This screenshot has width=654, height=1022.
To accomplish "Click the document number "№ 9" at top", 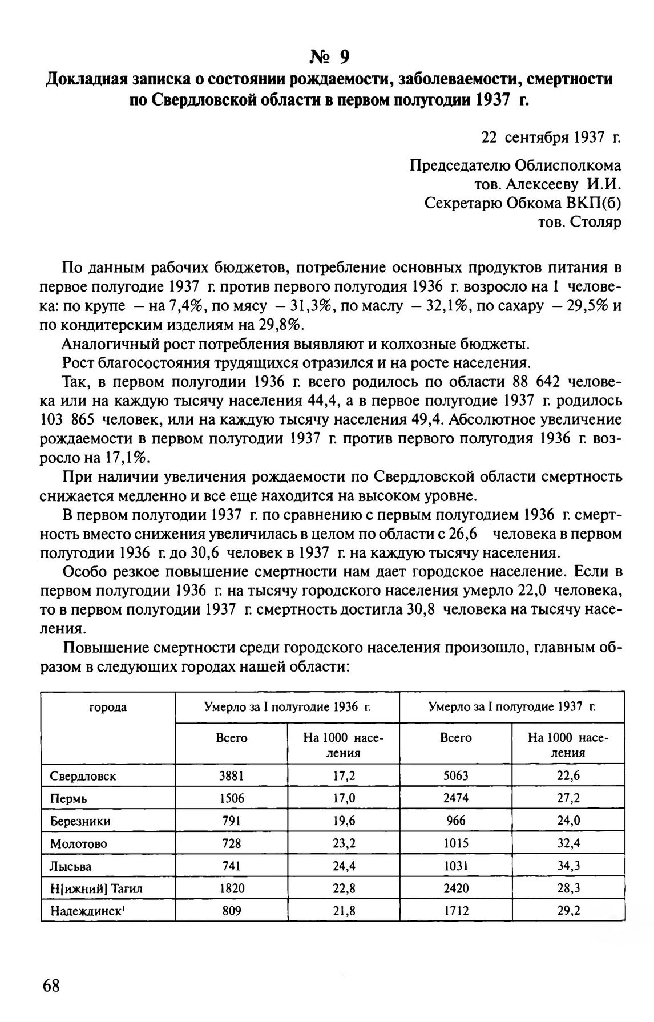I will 329,56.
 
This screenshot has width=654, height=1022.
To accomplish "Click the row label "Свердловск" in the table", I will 83,776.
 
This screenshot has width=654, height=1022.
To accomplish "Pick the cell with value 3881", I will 232,776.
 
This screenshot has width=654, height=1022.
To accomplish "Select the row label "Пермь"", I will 68,798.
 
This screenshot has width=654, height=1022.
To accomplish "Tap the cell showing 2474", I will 455,798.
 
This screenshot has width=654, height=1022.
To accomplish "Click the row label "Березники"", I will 80,821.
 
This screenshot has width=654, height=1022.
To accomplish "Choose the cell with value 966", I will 455,821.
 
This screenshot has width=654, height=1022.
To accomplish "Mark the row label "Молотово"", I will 78,843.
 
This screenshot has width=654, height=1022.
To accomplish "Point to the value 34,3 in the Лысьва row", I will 568,866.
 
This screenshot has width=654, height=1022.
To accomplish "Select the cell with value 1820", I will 232,888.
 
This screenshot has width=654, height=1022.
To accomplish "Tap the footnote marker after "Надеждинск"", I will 123,908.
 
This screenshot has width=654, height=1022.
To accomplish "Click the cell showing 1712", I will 455,911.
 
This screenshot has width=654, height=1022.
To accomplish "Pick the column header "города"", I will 108,708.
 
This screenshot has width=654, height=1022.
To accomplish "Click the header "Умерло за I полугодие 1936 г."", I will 288,708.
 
